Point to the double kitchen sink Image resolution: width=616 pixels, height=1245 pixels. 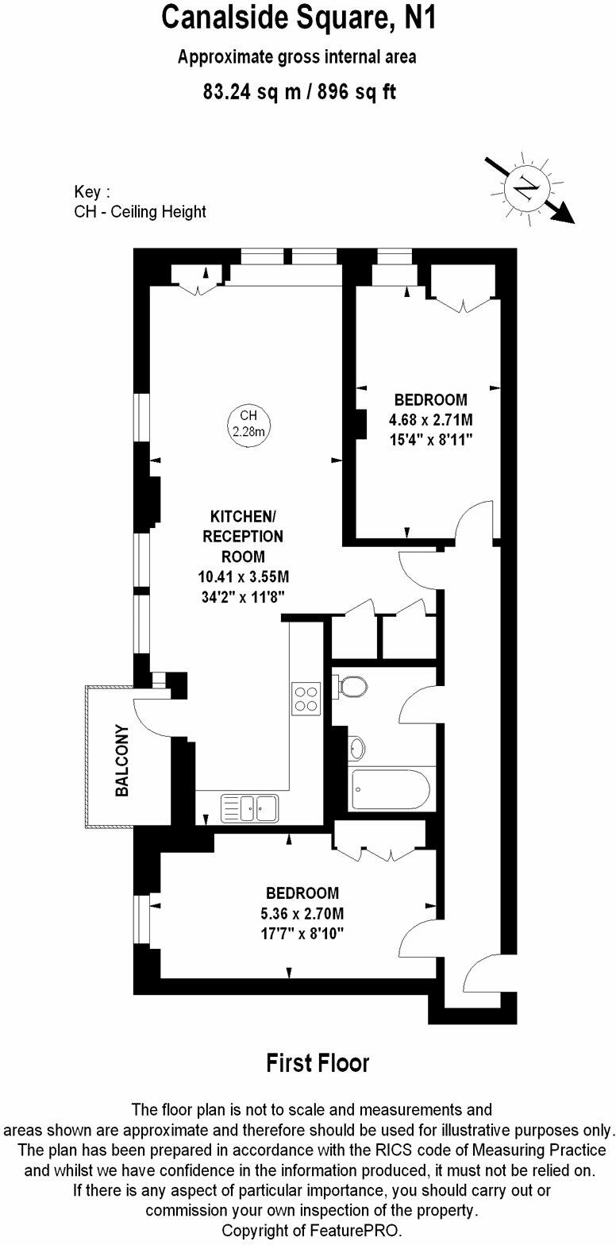pyautogui.click(x=250, y=808)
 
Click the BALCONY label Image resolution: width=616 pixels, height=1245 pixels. pyautogui.click(x=121, y=761)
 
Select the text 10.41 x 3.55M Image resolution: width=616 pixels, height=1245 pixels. pyautogui.click(x=243, y=577)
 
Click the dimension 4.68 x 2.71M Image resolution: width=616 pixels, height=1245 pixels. pyautogui.click(x=430, y=419)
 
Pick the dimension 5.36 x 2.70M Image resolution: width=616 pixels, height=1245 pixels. pyautogui.click(x=302, y=912)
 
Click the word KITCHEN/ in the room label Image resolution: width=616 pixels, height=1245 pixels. pyautogui.click(x=243, y=516)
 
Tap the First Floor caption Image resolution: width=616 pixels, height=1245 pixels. pyautogui.click(x=318, y=1062)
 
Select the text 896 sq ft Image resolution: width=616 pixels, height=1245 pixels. pyautogui.click(x=356, y=91)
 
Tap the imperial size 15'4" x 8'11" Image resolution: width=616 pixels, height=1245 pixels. pyautogui.click(x=430, y=440)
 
